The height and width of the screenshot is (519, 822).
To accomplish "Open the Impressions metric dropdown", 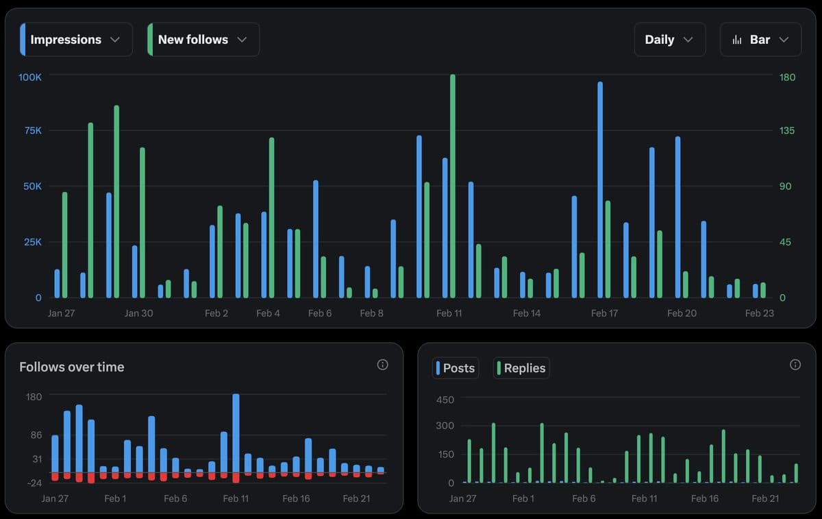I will pyautogui.click(x=76, y=40).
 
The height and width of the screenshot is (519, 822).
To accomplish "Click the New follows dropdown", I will pyautogui.click(x=203, y=40).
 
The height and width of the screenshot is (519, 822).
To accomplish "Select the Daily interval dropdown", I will pyautogui.click(x=669, y=40).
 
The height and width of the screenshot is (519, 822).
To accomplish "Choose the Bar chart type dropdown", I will pyautogui.click(x=760, y=40).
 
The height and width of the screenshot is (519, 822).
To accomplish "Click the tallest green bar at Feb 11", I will pyautogui.click(x=453, y=185).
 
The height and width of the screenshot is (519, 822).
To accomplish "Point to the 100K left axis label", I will pyautogui.click(x=30, y=77).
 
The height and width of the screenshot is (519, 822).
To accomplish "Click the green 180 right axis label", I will pyautogui.click(x=788, y=77).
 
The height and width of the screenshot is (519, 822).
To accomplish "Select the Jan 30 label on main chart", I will pyautogui.click(x=138, y=313).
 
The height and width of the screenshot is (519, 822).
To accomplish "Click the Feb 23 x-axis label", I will pyautogui.click(x=759, y=313).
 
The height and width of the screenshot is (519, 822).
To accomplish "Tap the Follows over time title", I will pyautogui.click(x=72, y=367).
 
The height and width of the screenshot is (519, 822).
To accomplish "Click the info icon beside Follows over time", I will pyautogui.click(x=383, y=365).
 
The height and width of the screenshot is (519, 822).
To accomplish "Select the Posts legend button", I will pyautogui.click(x=456, y=368).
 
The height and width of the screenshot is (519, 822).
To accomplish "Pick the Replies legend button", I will pyautogui.click(x=521, y=368).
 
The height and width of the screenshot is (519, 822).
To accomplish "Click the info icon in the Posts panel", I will pyautogui.click(x=795, y=365).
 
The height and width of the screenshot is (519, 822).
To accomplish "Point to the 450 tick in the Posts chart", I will pyautogui.click(x=445, y=400).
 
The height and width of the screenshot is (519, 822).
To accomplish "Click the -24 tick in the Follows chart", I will pyautogui.click(x=34, y=483).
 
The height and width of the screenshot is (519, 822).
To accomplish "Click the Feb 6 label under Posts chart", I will pyautogui.click(x=584, y=498).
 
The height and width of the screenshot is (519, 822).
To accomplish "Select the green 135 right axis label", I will pyautogui.click(x=788, y=130).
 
